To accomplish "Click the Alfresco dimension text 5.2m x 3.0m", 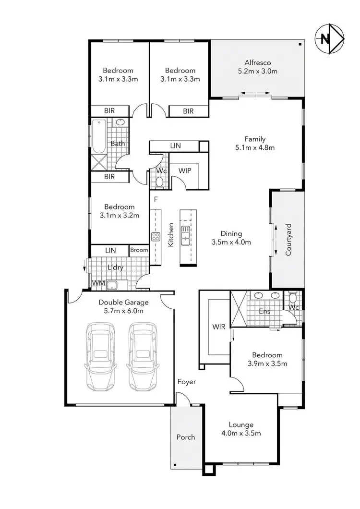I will (258, 71).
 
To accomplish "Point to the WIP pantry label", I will (185, 170).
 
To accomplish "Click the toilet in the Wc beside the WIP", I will (160, 182).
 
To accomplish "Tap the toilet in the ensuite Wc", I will (293, 296).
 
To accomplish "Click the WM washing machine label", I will (98, 283).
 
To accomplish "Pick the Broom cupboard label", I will (139, 250).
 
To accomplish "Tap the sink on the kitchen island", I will (185, 235).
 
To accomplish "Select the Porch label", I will (186, 437).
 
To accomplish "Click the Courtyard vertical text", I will (288, 239).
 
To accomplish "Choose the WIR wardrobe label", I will (218, 327).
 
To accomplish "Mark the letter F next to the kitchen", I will (156, 199).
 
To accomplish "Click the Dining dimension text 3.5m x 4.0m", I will (231, 242).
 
